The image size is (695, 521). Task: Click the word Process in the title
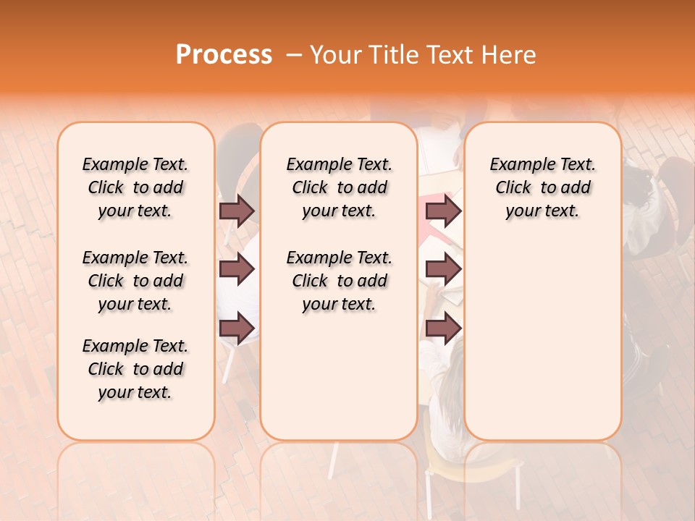point(224,55)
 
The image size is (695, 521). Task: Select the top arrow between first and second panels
point(237,211)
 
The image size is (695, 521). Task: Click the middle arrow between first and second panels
point(237,270)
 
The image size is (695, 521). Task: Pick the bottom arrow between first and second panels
point(237,329)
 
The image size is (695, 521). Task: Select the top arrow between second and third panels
point(443,211)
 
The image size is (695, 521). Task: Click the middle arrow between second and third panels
point(443,270)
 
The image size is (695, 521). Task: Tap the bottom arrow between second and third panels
point(443,329)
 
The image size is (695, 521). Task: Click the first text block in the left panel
point(135,187)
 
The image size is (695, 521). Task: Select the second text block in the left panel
point(135,281)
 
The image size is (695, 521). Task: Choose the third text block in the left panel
point(135,369)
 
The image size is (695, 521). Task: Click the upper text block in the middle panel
point(340,187)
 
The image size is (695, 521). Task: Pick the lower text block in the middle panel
point(340,281)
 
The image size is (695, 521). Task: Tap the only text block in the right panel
point(543,187)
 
